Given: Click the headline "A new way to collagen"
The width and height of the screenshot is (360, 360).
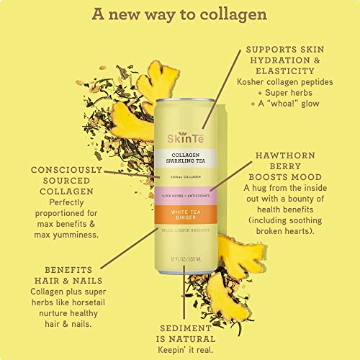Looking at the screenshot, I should pos(179,14).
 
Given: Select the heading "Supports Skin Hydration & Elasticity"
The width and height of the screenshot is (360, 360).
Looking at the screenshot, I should pos(294,60).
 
